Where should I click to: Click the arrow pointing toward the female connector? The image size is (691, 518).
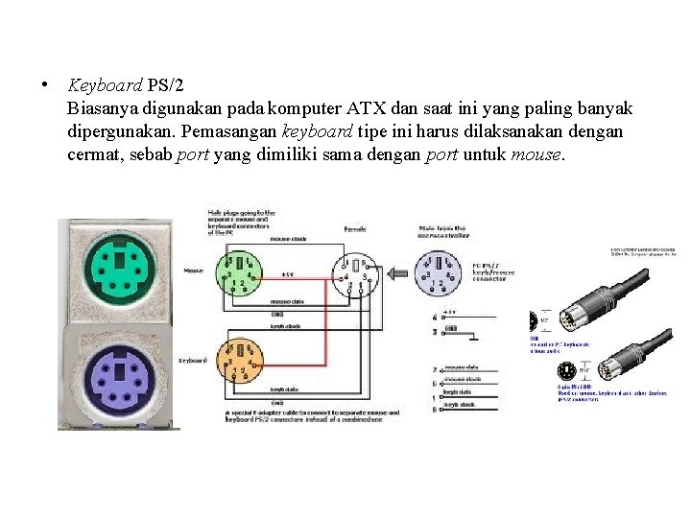pos(398,273)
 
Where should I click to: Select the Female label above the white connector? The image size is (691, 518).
pos(355,230)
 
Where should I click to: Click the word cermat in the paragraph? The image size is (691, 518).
pos(93,153)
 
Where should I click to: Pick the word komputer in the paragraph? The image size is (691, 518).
pos(306,107)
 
